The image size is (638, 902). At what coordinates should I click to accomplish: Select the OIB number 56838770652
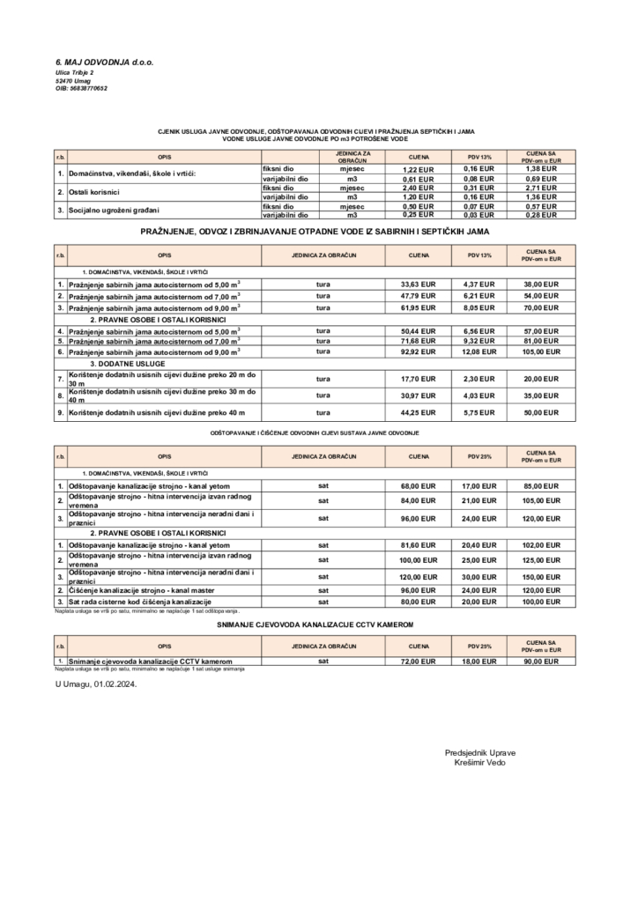pos(81,88)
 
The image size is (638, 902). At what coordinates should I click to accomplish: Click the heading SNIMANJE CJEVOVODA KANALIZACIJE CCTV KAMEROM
pos(315,624)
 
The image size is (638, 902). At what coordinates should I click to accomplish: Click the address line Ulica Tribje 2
pos(74,71)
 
